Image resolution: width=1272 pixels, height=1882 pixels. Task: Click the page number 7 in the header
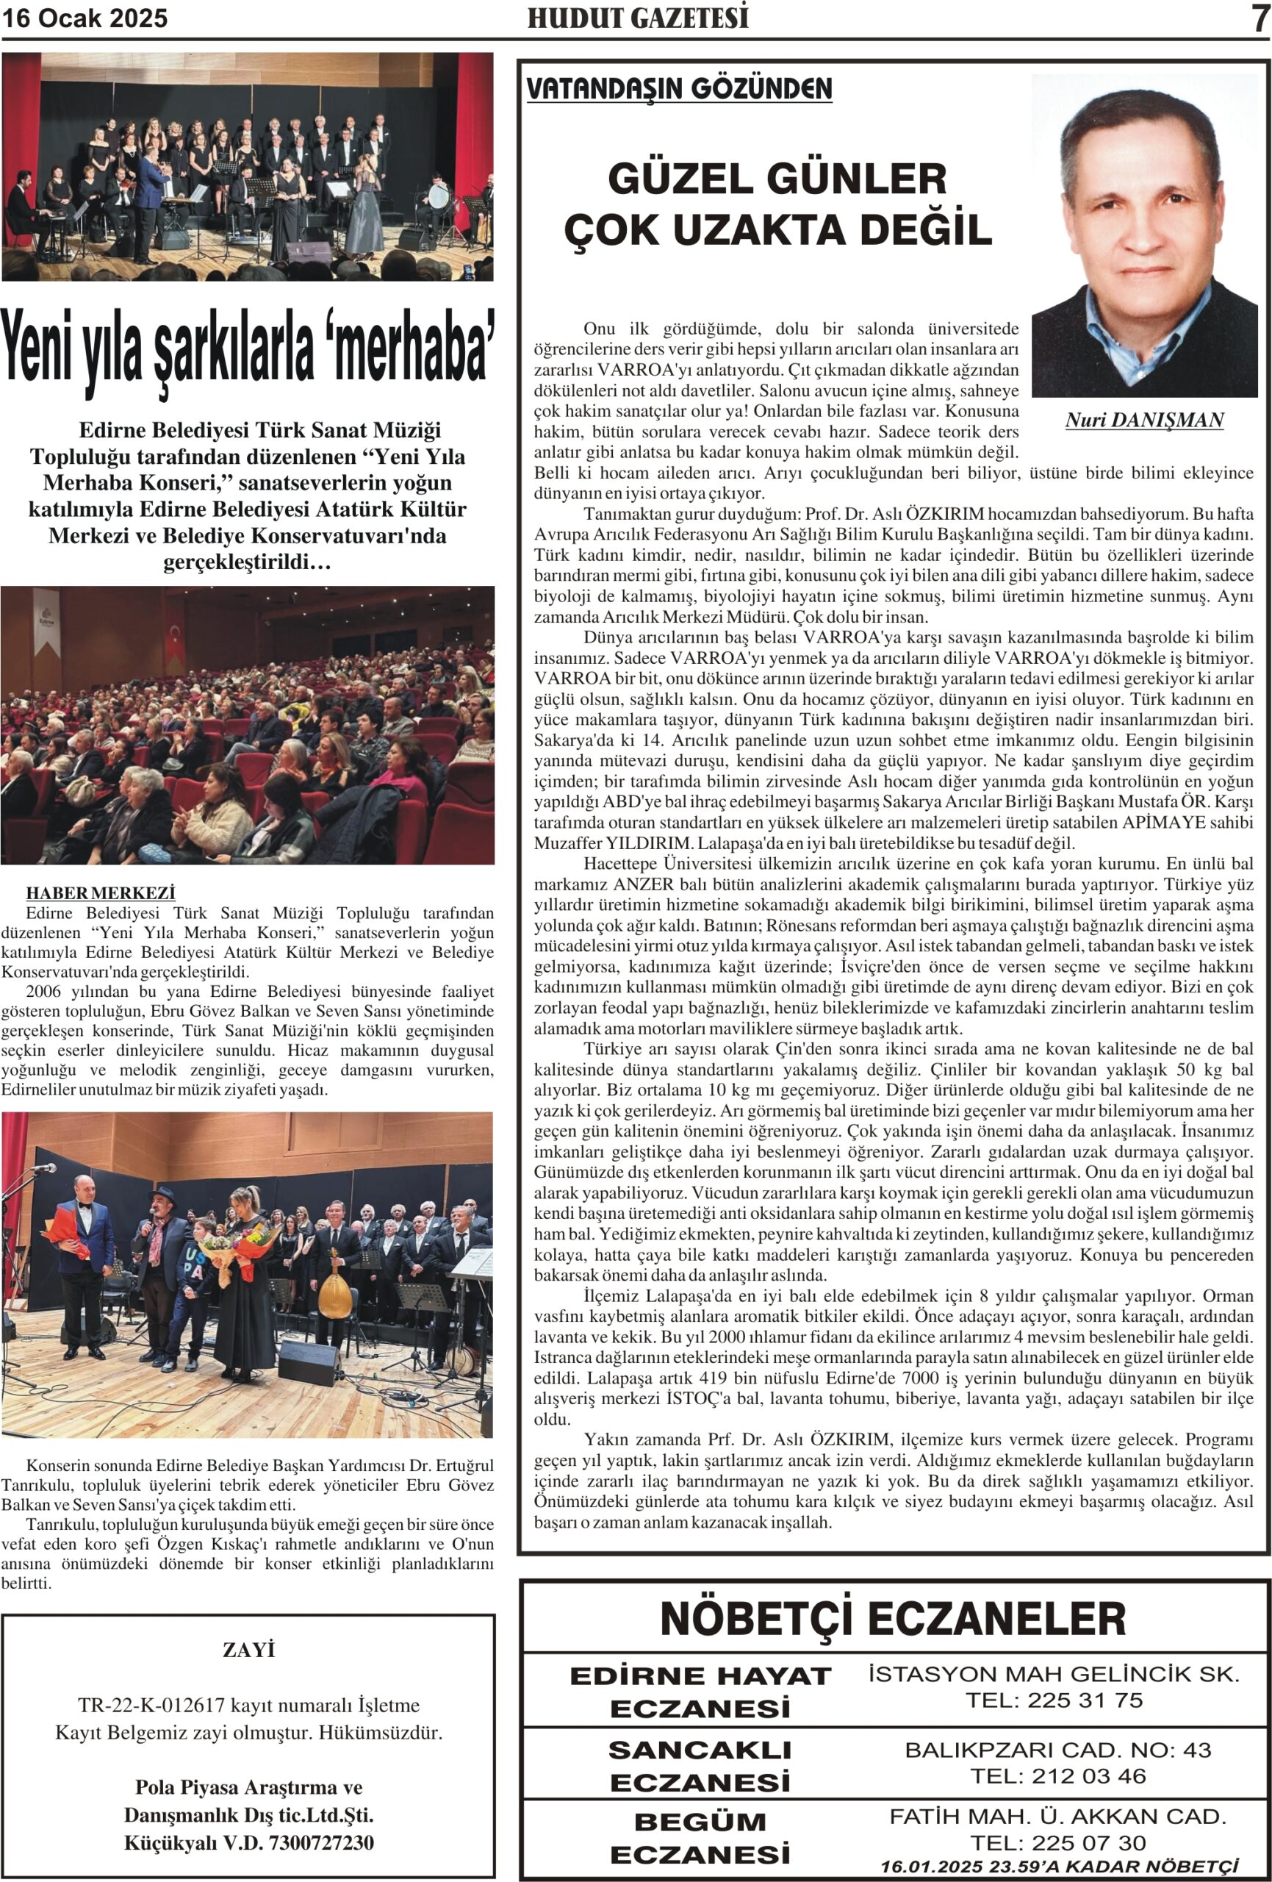coord(1259,18)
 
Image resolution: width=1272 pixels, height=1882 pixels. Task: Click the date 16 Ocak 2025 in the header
coord(85,18)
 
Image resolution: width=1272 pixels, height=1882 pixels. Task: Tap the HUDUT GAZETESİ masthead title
coord(637,18)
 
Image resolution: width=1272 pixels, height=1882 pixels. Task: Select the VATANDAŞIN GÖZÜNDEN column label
coord(678,89)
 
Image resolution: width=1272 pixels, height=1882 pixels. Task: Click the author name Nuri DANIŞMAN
coord(1144,421)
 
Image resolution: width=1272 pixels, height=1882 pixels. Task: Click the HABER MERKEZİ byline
coord(101,893)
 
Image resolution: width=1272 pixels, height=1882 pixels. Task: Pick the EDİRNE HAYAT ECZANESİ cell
coord(700,1692)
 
